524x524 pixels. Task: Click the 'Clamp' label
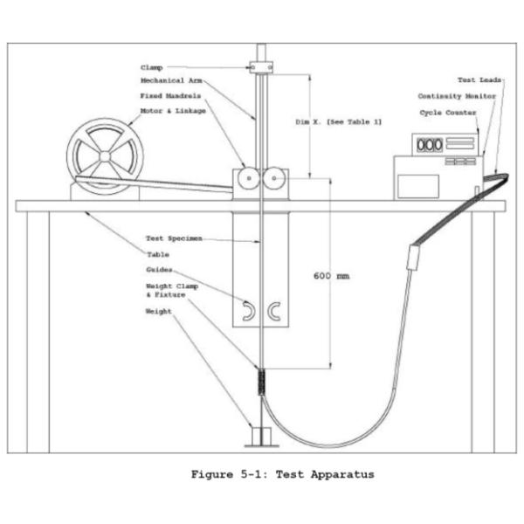pyautogui.click(x=151, y=67)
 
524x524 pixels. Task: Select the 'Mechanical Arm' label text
pyautogui.click(x=171, y=80)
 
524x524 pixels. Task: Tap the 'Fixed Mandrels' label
pyautogui.click(x=170, y=96)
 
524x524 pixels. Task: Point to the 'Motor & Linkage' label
pyautogui.click(x=173, y=111)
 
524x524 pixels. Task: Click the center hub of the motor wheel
pyautogui.click(x=105, y=156)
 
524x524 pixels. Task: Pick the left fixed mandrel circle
pyautogui.click(x=249, y=178)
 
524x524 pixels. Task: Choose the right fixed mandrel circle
pyautogui.click(x=274, y=178)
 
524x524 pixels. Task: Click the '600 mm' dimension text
pyautogui.click(x=332, y=276)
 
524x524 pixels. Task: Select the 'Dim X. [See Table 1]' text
pyautogui.click(x=338, y=122)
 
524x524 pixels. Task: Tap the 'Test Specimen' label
pyautogui.click(x=174, y=238)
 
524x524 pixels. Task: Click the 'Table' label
pyautogui.click(x=158, y=255)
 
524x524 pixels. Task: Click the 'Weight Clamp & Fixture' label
pyautogui.click(x=172, y=291)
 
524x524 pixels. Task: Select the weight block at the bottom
pyautogui.click(x=261, y=436)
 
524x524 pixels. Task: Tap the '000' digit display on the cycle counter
pyautogui.click(x=430, y=145)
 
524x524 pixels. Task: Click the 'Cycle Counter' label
pyautogui.click(x=448, y=113)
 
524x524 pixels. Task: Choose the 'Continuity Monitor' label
pyautogui.click(x=457, y=96)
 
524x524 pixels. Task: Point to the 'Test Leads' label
pyautogui.click(x=479, y=80)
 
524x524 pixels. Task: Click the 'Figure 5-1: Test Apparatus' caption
pyautogui.click(x=282, y=474)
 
